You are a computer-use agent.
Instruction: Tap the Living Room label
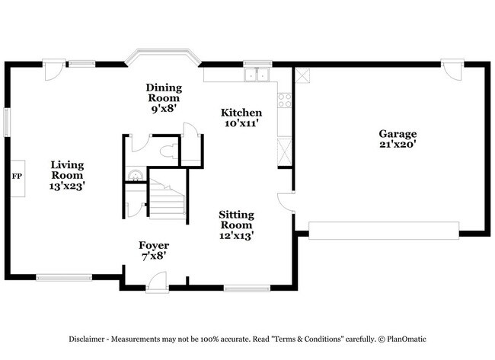coord(68,174)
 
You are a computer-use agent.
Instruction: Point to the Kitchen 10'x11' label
coord(242,117)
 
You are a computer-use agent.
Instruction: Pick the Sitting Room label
coord(236,225)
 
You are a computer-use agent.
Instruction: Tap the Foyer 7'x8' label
coord(153,250)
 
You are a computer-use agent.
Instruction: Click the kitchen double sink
coord(257,75)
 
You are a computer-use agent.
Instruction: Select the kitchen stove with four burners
coord(285,100)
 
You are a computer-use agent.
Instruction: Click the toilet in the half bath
coord(168,150)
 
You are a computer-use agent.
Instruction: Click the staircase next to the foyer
coord(167,200)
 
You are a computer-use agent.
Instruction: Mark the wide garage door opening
coord(384,230)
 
